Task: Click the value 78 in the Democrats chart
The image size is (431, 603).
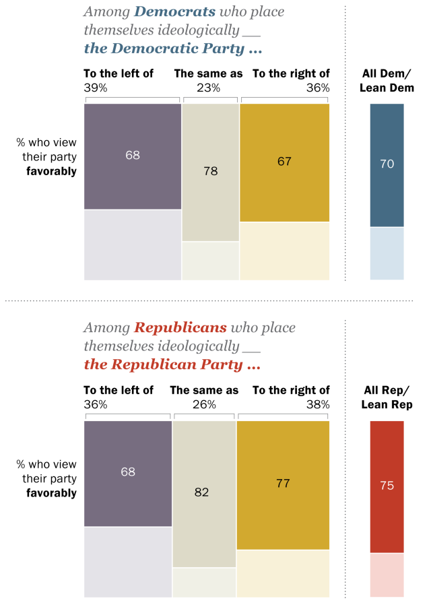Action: pos(211,170)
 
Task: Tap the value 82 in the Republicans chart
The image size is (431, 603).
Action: pos(201,492)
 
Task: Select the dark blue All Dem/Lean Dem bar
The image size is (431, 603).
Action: pos(387,165)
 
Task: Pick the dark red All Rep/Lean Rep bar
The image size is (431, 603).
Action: pos(387,486)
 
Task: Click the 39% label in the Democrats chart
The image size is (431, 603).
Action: pos(96,88)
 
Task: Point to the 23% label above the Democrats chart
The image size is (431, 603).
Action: pos(208,88)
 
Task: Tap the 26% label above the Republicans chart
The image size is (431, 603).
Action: pos(204,404)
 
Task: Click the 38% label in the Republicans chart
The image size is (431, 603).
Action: pos(318,404)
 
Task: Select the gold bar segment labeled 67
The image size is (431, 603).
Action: pos(284,162)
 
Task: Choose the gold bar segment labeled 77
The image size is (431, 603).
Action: pos(283,485)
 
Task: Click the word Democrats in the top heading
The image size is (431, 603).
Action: pos(174,11)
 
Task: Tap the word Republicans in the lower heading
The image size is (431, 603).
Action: pos(180,327)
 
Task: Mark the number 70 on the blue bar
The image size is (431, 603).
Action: pos(387,164)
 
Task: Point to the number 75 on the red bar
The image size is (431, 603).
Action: pos(387,485)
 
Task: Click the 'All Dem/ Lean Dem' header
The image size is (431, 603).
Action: pos(387,80)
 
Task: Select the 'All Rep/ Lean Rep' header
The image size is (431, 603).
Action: pos(387,397)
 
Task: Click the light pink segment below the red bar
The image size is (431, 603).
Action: pos(387,575)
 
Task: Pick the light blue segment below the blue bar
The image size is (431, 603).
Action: pos(387,253)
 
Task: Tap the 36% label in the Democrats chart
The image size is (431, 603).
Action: pos(318,88)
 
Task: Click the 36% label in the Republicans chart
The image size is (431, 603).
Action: pos(96,404)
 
